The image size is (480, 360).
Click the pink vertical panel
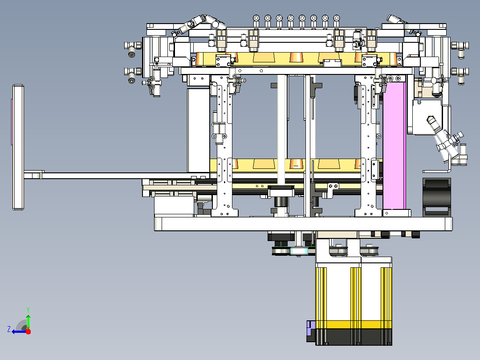pyautogui.click(x=395, y=146)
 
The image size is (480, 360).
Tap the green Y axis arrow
pyautogui.click(x=28, y=321)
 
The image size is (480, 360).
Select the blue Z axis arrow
pyautogui.click(x=19, y=331)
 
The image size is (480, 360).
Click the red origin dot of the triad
pyautogui.click(x=28, y=331)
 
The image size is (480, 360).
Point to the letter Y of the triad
pyautogui.click(x=28, y=310)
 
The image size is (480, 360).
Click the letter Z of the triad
pyautogui.click(x=9, y=329)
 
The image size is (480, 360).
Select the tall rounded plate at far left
pyautogui.click(x=18, y=147)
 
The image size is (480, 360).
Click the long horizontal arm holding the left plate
pyautogui.click(x=116, y=176)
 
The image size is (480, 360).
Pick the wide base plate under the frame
pyautogui.click(x=303, y=224)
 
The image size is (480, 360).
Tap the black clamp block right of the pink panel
pyautogui.click(x=436, y=197)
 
